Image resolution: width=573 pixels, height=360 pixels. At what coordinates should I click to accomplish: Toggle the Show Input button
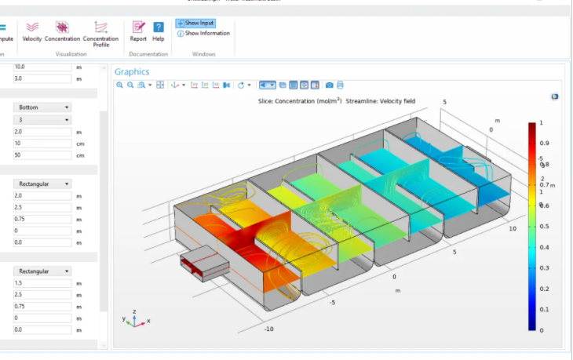tap(195, 24)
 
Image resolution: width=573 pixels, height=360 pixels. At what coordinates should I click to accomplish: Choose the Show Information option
tap(203, 33)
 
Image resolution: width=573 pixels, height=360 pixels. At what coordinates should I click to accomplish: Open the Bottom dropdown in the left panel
tap(42, 107)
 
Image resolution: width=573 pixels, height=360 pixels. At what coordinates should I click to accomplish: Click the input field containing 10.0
tap(42, 67)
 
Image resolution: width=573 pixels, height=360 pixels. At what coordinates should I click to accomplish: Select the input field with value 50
tap(42, 155)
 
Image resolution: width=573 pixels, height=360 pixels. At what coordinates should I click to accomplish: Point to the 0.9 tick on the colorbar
tap(544, 144)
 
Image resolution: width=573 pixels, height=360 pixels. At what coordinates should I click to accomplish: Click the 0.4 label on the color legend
tap(544, 247)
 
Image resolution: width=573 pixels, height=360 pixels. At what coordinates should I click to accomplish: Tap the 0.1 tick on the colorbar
tap(544, 309)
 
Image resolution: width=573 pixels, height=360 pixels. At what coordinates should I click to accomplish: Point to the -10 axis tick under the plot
tap(268, 329)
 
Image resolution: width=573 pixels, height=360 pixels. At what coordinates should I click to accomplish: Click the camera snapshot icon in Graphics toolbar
tap(329, 85)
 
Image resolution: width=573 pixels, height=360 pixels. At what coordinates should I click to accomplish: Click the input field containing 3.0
tap(42, 78)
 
